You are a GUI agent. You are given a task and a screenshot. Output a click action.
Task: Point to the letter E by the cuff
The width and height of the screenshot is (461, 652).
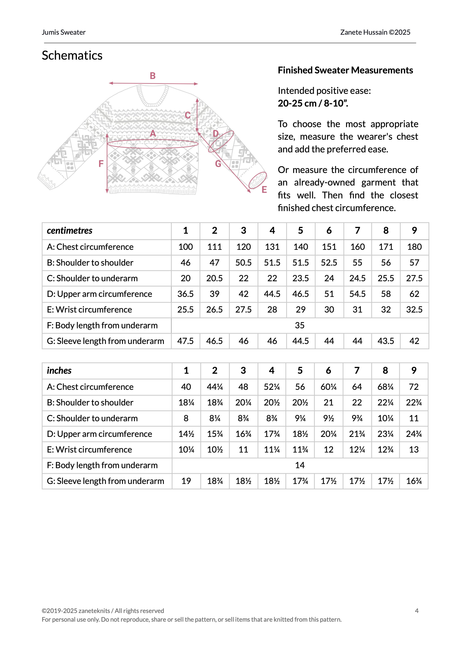click(264, 190)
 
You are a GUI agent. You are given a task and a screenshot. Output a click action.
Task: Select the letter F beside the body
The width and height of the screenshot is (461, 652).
click(101, 164)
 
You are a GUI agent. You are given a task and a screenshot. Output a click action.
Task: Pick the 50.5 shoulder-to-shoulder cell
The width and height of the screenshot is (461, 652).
click(243, 263)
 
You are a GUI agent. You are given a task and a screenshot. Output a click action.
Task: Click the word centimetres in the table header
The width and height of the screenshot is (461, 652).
click(70, 231)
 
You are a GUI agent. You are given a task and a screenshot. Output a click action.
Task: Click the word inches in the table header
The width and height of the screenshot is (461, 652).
click(59, 371)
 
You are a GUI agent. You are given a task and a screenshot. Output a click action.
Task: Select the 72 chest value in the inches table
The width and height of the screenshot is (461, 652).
click(414, 387)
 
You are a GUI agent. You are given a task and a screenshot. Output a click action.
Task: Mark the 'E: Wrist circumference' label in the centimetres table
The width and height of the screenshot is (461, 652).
click(89, 310)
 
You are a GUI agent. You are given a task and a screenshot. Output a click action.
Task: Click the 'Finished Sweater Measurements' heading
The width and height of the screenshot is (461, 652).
click(345, 70)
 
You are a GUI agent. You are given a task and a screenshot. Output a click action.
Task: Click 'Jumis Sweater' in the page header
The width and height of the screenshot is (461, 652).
click(64, 32)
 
